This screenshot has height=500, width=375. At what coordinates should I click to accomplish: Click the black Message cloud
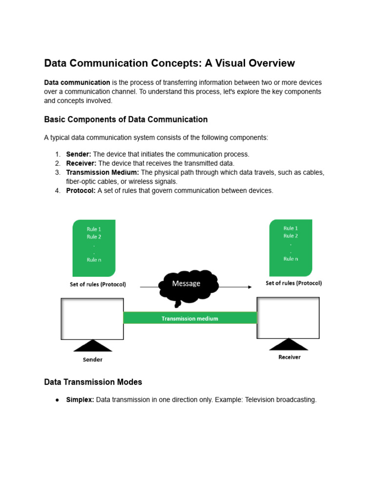pos(188,286)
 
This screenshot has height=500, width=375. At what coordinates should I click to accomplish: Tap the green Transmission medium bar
pos(190,318)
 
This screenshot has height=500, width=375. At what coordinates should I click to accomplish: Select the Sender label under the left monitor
pos(92,360)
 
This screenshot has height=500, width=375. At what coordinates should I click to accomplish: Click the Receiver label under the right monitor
pos(290,357)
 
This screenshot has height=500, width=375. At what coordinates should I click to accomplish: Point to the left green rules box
pos(94,248)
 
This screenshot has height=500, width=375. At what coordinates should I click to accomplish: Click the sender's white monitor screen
pos(92,318)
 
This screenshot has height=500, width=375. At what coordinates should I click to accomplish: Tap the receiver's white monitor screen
pos(288,318)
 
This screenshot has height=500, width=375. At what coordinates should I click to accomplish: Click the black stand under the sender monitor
pos(92,346)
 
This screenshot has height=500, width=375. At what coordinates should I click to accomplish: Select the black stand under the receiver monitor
pos(289,344)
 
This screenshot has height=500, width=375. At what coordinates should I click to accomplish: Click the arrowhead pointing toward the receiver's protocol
pos(249,287)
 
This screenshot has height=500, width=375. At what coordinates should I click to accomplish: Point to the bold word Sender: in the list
pos(79,154)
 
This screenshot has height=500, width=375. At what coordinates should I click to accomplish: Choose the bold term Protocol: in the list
pos(81,190)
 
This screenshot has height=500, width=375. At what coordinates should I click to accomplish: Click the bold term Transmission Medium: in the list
pos(103,172)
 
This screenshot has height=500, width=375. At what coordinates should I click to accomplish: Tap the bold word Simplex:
pos(80,400)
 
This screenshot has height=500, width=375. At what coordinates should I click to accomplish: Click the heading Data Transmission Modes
pos(93,382)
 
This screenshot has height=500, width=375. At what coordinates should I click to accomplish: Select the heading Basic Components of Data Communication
pos(125,120)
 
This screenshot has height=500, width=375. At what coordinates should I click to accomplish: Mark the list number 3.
pos(58,172)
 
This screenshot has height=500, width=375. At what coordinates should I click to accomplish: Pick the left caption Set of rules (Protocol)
pos(98,285)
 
